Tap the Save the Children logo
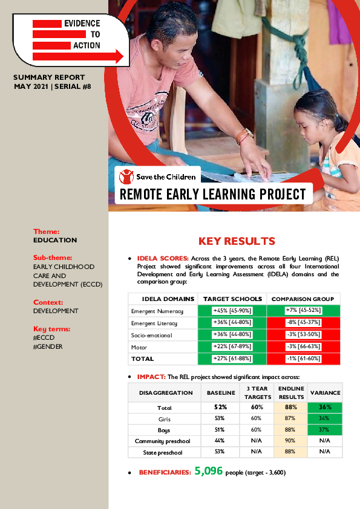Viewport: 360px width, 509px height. click(158, 177)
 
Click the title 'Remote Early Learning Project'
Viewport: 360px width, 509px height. click(213, 194)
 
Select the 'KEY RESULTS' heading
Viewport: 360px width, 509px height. click(237, 241)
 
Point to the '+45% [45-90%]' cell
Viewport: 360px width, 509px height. click(232, 310)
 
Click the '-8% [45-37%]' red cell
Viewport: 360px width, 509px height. click(303, 322)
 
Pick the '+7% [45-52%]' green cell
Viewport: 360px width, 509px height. click(303, 310)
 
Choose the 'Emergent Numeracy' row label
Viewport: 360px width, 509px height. click(156, 311)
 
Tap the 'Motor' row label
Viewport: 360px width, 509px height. click(140, 347)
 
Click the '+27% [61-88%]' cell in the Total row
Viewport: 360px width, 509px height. click(232, 359)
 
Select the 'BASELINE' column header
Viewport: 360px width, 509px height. click(220, 393)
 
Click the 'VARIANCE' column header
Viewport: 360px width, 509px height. click(326, 393)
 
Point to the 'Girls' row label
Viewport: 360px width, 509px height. click(164, 418)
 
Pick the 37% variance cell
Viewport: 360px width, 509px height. click(326, 429)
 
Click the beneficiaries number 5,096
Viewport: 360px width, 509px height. click(209, 470)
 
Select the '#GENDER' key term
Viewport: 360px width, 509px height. click(48, 346)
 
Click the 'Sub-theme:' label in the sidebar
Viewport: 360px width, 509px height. click(53, 258)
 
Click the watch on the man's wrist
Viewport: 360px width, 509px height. click(244, 135)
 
